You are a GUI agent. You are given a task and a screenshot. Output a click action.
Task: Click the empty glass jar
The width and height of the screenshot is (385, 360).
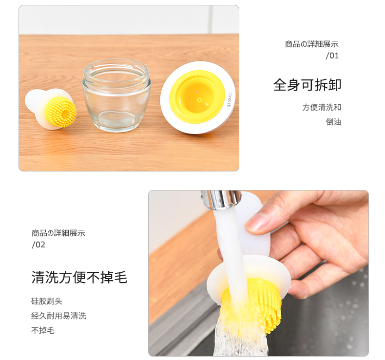(x=116, y=95)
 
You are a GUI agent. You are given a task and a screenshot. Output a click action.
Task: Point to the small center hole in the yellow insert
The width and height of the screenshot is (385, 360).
(x=199, y=100)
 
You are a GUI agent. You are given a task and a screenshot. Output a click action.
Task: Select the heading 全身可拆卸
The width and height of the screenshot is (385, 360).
(x=307, y=85)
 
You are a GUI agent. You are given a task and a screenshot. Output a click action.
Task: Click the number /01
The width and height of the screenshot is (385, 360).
(x=332, y=56)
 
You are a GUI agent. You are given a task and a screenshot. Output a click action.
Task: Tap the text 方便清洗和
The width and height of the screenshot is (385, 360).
(x=322, y=107)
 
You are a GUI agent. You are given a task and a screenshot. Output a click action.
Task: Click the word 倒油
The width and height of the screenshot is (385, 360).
(x=333, y=122)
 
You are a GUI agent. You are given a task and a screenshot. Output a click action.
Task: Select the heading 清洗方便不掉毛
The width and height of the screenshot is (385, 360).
(x=79, y=277)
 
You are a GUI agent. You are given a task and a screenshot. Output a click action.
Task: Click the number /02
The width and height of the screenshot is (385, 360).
(x=38, y=245)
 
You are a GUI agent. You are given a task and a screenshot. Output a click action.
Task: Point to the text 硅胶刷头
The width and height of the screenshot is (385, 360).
(x=47, y=301)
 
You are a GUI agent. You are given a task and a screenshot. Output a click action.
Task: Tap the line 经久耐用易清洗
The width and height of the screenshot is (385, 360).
(x=58, y=316)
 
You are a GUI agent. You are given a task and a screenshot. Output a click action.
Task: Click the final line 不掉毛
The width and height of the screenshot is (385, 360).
(x=43, y=330)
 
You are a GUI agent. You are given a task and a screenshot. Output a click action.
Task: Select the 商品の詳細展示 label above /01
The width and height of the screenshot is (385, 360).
(x=311, y=44)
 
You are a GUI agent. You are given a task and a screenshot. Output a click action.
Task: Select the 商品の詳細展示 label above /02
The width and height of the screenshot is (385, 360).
(x=58, y=233)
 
